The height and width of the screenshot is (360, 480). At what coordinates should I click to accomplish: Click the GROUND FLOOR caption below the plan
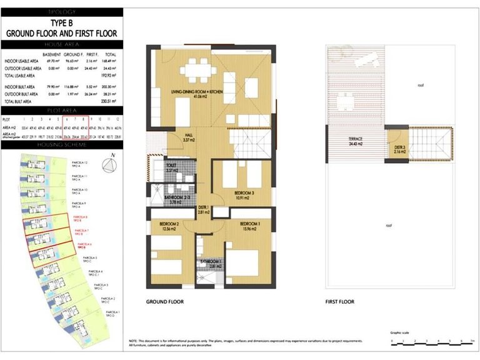tap(164, 301)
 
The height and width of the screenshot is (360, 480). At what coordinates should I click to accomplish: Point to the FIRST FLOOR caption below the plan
tap(340, 301)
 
